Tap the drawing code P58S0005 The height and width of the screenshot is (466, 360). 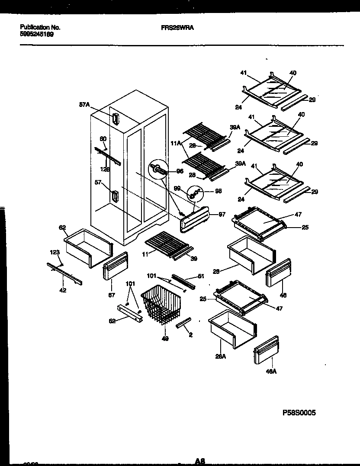[299, 413]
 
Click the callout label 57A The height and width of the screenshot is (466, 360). [84, 104]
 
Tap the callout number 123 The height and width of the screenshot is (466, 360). [55, 252]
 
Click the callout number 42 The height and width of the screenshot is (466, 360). [63, 290]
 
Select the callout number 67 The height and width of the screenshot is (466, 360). [112, 295]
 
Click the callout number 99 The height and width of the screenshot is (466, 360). [177, 188]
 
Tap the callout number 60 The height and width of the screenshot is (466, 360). [103, 139]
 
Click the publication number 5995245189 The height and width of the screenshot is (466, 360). [37, 34]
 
